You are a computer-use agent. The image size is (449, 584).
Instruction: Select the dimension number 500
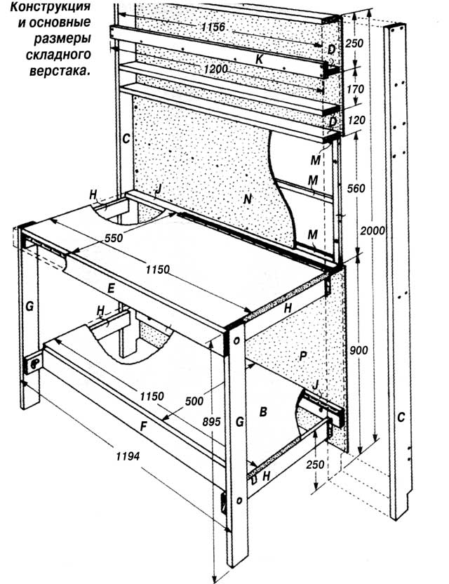tap(196, 401)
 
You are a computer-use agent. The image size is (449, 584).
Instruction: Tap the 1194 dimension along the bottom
tap(128, 456)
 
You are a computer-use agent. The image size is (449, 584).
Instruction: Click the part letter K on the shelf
tap(259, 60)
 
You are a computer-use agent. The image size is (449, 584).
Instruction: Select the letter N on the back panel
tap(246, 200)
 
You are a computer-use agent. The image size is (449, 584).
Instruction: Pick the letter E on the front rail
tap(131, 287)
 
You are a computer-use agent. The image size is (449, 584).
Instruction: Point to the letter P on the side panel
tap(302, 356)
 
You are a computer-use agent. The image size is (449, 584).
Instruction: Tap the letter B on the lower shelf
tap(263, 413)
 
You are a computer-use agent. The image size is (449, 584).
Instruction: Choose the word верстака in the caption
tap(67, 70)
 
